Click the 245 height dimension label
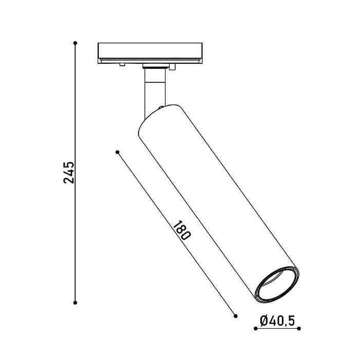68,173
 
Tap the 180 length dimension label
182,230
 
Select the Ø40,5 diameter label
277,320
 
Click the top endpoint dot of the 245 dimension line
75,43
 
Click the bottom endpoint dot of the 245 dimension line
75,303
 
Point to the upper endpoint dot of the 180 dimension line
118,152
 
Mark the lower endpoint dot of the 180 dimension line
236,316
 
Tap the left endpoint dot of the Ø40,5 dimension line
256,329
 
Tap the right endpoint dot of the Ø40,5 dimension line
299,329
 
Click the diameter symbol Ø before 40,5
264,320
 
